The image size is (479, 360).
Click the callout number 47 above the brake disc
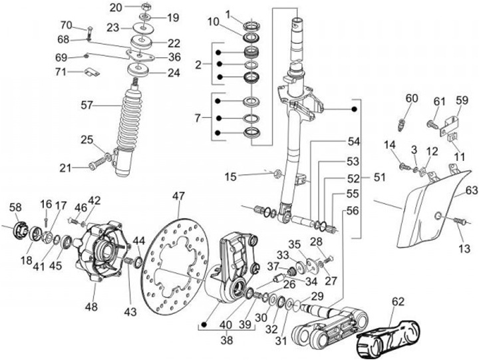click(178, 196)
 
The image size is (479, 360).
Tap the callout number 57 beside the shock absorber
click(86, 105)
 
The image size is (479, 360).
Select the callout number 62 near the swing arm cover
click(398, 302)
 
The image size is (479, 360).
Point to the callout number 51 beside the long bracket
click(379, 177)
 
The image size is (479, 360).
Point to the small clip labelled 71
click(92, 72)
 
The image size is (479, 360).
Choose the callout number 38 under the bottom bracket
click(226, 340)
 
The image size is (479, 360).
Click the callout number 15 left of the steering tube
click(231, 176)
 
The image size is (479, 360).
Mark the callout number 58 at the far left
click(15, 207)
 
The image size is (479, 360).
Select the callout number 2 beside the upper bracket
click(198, 65)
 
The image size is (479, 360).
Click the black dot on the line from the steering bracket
click(355, 108)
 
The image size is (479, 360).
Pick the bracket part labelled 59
click(450, 126)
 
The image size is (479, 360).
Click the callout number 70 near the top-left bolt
click(66, 25)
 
